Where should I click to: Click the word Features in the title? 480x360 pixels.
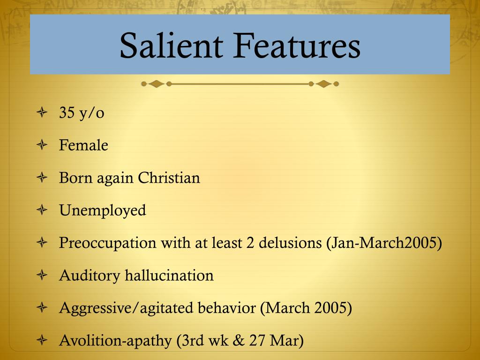(296, 45)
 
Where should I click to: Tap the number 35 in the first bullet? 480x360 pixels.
(67, 113)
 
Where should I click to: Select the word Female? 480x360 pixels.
(83, 145)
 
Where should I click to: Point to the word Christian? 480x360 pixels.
(169, 178)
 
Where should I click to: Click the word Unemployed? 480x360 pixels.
(103, 210)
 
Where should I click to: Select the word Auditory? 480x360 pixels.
(90, 276)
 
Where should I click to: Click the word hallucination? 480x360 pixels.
(169, 275)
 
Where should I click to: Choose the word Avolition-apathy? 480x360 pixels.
(116, 341)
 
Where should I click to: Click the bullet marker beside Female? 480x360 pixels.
(42, 146)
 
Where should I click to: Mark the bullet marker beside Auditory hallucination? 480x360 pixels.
(42, 276)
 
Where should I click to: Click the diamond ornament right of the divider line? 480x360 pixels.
(323, 84)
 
